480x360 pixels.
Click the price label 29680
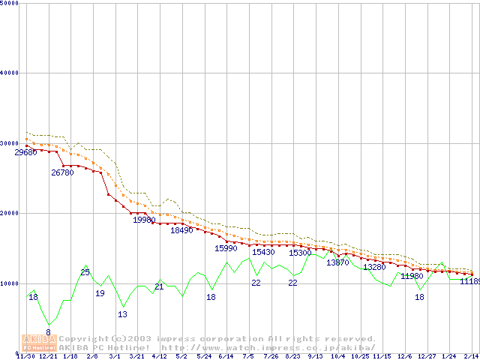25,152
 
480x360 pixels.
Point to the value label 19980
144,220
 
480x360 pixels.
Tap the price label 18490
181,230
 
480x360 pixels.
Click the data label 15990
226,247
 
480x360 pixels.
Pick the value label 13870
337,262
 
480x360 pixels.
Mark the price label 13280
374,267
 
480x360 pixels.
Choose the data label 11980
412,276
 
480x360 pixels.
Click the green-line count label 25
85,272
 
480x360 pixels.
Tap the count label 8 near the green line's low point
48,332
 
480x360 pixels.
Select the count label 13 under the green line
122,314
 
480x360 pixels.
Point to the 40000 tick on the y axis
10,73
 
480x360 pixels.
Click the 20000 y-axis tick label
10,213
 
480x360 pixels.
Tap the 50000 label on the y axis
10,4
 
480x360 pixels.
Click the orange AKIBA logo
38,343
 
